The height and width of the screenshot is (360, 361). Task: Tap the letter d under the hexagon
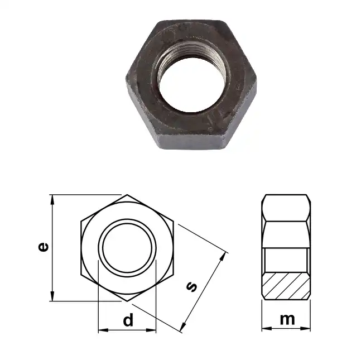[128, 320]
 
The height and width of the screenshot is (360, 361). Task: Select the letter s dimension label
[191, 286]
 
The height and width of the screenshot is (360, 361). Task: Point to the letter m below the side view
[287, 319]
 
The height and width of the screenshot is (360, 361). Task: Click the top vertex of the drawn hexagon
[128, 195]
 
